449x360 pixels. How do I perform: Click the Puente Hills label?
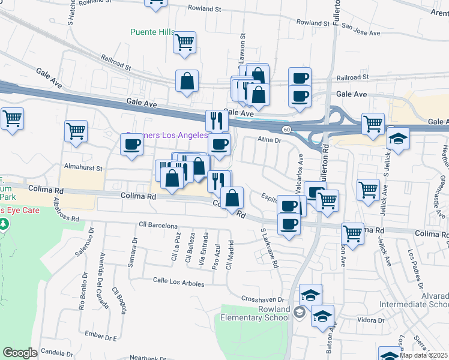153,32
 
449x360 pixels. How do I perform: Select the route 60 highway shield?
288,129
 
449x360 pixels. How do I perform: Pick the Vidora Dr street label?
372,320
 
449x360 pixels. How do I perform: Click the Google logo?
19,353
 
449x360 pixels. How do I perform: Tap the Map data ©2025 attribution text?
424,355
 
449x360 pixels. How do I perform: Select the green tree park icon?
4,224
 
